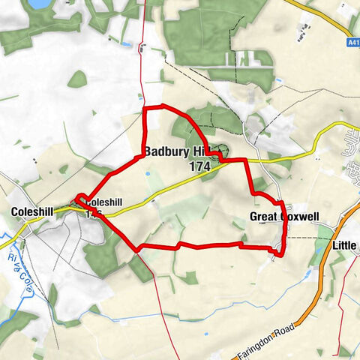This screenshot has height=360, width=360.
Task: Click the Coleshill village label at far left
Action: (x=32, y=212)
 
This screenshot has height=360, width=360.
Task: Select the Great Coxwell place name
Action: (x=284, y=217)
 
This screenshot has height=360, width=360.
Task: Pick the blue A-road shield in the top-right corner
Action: (x=353, y=44)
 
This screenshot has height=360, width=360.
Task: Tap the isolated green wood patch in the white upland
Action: (x=77, y=78)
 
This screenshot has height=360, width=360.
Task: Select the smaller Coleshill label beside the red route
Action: (x=103, y=202)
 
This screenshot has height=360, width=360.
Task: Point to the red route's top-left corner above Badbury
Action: (x=144, y=109)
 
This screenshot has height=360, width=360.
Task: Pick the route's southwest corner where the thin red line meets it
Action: (x=137, y=249)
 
